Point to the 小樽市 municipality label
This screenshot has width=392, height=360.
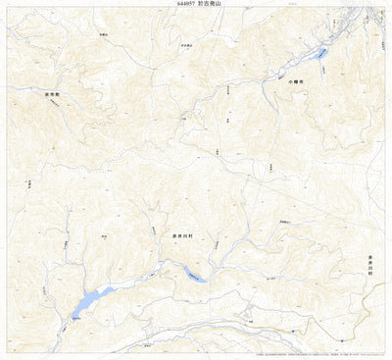(x=298, y=82)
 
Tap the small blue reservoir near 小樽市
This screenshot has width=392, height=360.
(x=320, y=53)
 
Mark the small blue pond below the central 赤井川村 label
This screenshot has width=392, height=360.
(x=196, y=278)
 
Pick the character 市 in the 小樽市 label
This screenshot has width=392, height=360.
(x=304, y=82)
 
